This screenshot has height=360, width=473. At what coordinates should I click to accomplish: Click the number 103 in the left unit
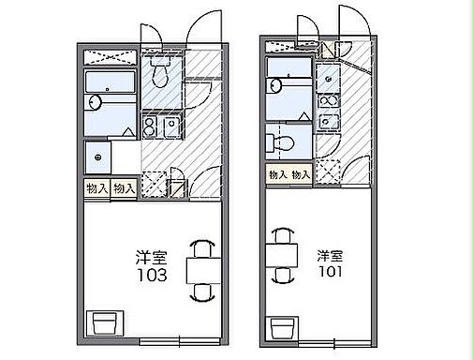coord(151,276)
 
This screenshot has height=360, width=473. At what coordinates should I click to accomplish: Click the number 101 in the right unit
coord(330,274)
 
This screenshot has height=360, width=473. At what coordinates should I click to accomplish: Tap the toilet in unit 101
coord(282,142)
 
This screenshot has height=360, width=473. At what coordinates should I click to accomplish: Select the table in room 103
coord(200,271)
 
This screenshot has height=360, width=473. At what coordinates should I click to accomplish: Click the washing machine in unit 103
coord(97,156)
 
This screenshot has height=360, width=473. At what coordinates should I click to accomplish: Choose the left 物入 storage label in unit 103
coord(96,188)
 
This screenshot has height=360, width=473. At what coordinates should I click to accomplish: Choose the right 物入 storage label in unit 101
coord(301,174)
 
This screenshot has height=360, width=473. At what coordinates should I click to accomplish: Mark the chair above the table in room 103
coord(200,247)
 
